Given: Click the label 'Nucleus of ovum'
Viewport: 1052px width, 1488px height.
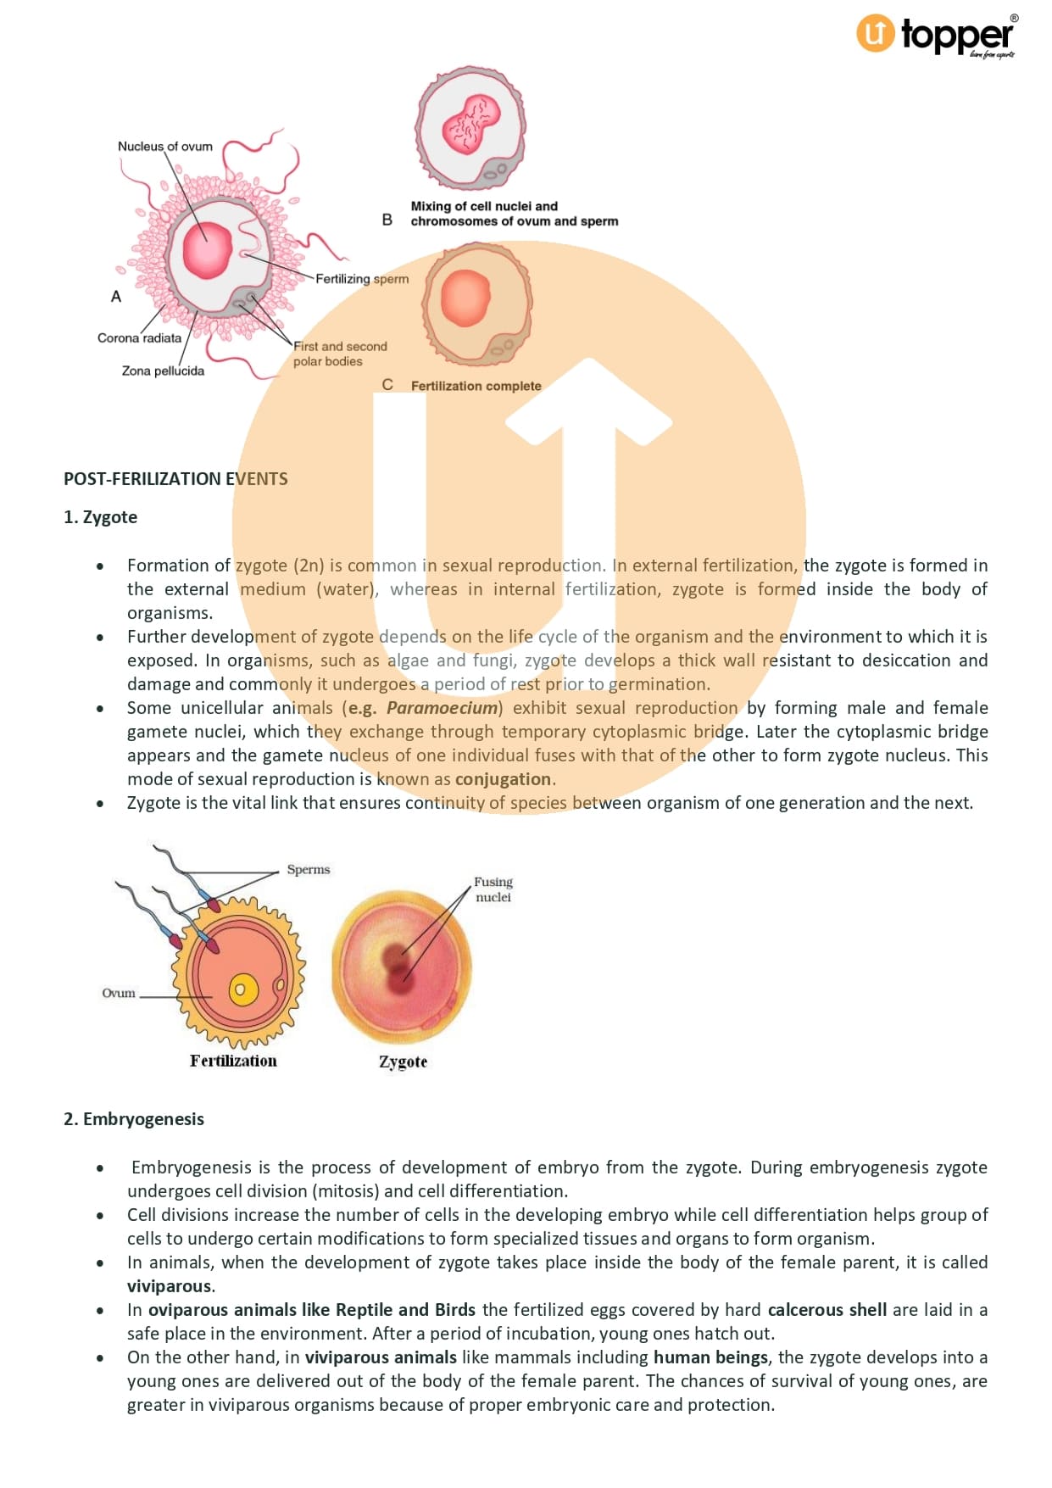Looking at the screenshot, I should pos(165,147).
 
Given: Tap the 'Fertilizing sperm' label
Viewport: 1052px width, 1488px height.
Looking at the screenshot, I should pos(362,279).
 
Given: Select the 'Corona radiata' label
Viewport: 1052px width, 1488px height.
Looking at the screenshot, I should pos(139,338).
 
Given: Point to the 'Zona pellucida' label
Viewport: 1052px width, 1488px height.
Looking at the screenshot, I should pos(163,371).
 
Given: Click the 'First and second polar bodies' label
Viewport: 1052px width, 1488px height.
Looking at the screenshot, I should pos(339,354).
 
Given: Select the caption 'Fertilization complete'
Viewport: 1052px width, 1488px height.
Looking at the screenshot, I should pos(476,386).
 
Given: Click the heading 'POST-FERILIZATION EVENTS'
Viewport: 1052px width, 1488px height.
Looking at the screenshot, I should pos(175,479).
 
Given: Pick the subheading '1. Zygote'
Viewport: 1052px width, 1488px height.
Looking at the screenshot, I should pos(100,517).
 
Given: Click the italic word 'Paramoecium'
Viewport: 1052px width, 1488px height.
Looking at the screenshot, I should pos(442,708).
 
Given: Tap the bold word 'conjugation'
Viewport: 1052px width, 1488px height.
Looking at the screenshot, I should pos(503,779).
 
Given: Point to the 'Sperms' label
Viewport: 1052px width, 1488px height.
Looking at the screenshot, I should pos(309,870).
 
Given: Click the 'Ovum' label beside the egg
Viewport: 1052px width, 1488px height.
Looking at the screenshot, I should pos(119,994).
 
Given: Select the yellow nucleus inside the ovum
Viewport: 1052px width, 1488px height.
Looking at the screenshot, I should pos(242,989).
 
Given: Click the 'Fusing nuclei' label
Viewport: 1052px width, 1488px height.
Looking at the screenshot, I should pos(493,889).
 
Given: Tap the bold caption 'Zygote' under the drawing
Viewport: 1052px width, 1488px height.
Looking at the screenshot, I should pos(403,1062).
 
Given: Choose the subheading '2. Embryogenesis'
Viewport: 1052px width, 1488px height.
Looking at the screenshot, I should pos(134,1119).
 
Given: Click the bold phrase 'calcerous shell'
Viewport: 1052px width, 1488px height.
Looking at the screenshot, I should pos(827,1310).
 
